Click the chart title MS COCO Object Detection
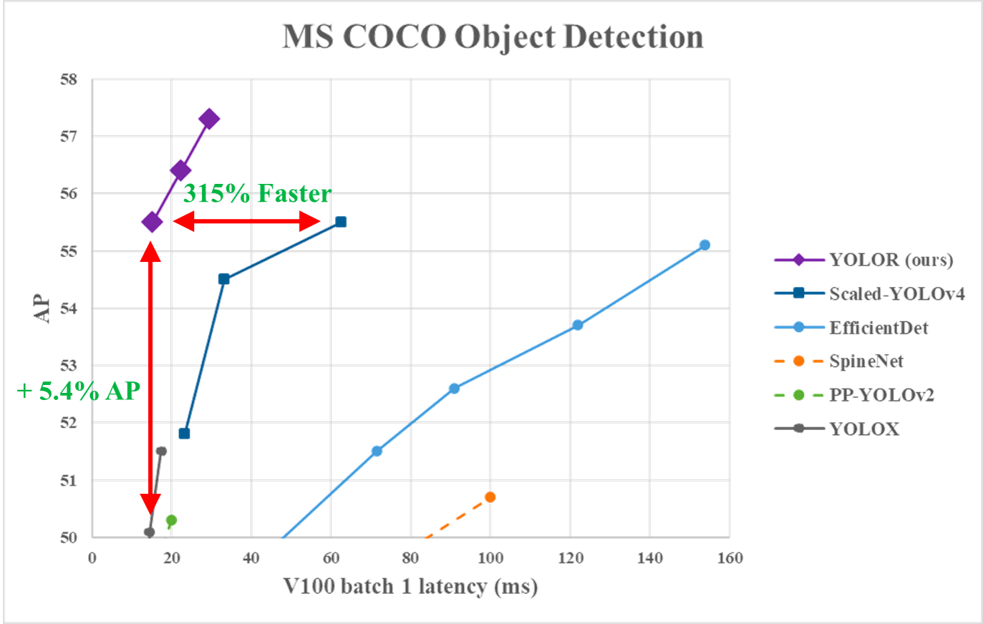[493, 37]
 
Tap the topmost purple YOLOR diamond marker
[209, 119]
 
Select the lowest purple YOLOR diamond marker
[152, 222]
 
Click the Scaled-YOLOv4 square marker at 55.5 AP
[342, 222]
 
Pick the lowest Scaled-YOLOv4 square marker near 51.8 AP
[185, 433]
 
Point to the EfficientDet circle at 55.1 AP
[704, 245]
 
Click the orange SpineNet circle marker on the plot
[490, 497]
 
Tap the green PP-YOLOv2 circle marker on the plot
[172, 520]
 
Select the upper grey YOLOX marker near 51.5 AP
[161, 451]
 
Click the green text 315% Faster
[257, 193]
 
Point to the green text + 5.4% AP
[79, 391]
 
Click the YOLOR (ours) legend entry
[891, 260]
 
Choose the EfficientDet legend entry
[878, 328]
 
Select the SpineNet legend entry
[866, 361]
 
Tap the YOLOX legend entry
[864, 429]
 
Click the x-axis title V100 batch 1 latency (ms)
[411, 587]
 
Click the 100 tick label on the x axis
[490, 558]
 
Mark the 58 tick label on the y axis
[69, 79]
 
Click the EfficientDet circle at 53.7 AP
[578, 325]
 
